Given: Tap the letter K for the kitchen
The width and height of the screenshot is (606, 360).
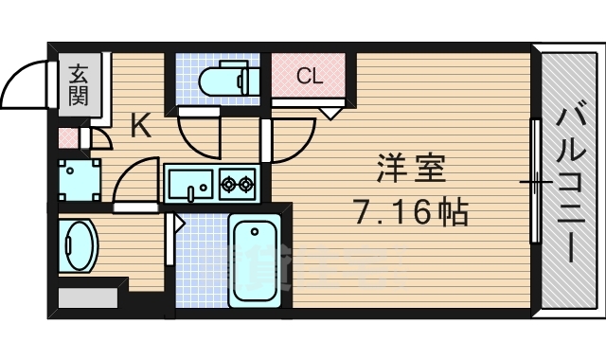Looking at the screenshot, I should (x=140, y=127).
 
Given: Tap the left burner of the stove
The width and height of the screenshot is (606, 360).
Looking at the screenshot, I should (x=229, y=184).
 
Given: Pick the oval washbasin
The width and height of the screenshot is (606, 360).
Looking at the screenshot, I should (x=77, y=246).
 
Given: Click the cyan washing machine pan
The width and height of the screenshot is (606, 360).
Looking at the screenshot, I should (x=78, y=177).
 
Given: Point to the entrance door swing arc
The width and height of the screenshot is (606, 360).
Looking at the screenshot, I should (x=21, y=81).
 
